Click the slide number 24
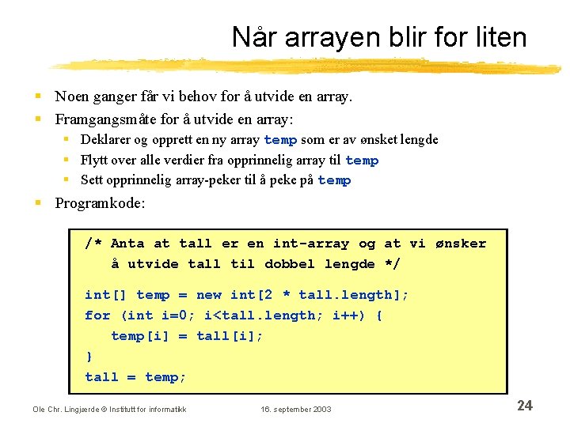(524, 406)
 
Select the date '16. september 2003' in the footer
(296, 409)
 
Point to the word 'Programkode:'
(100, 203)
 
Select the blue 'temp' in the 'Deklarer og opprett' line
(280, 140)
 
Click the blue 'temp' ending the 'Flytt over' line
(362, 161)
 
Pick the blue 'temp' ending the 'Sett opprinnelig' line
(334, 180)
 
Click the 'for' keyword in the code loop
(97, 316)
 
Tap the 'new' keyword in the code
(209, 295)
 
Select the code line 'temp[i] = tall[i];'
(187, 336)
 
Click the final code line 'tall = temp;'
(135, 377)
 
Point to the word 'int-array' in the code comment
(311, 244)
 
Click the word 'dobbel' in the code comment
(289, 264)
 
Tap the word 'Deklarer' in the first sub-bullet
(106, 140)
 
